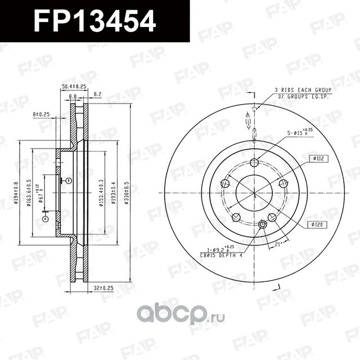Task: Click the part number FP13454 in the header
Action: pyautogui.click(x=94, y=21)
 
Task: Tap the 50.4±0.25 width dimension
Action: pyautogui.click(x=73, y=87)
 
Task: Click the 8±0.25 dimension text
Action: pyautogui.click(x=42, y=114)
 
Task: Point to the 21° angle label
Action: pyautogui.click(x=277, y=244)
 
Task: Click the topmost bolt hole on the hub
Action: pyautogui.click(x=254, y=163)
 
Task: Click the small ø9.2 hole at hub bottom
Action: pyautogui.click(x=263, y=226)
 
